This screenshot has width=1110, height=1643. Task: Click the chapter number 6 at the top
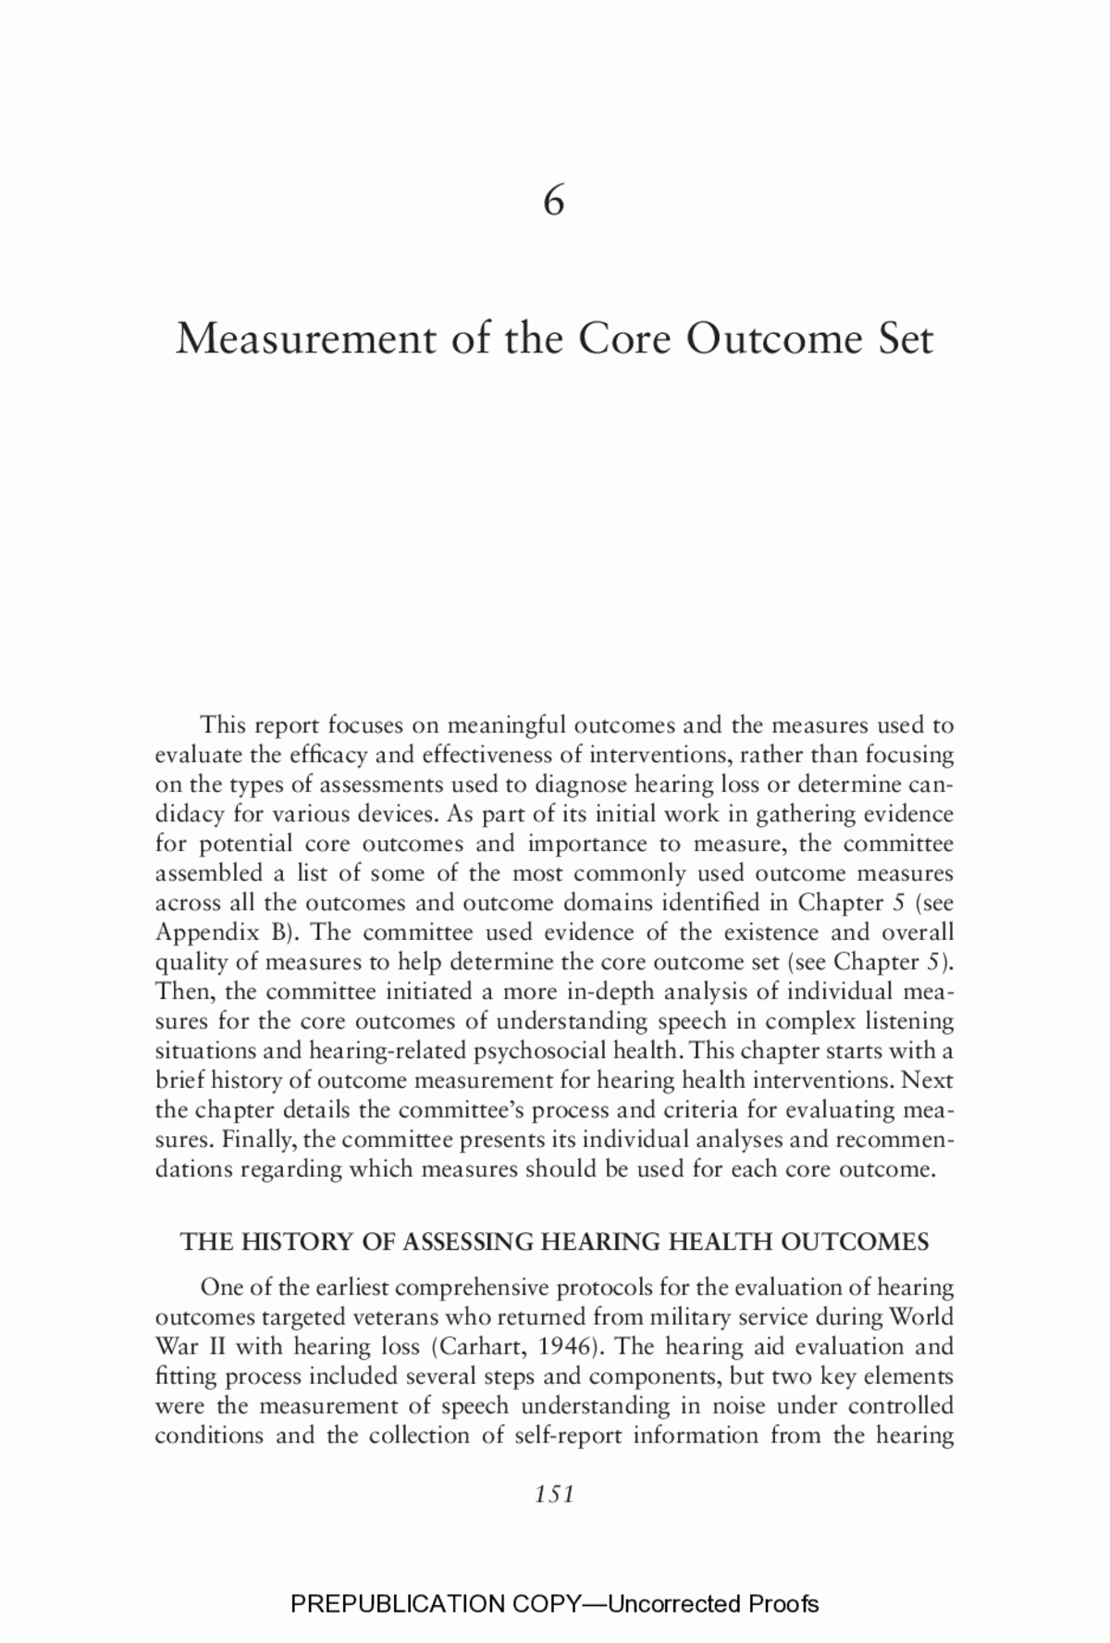point(554,202)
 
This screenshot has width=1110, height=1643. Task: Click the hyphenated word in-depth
point(610,992)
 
